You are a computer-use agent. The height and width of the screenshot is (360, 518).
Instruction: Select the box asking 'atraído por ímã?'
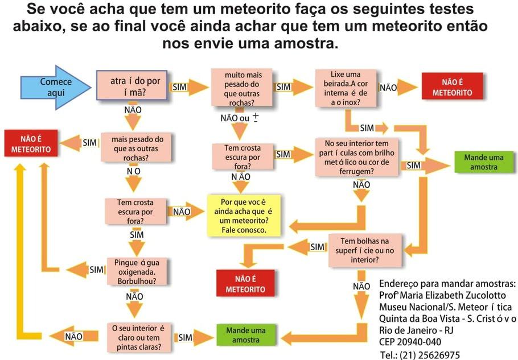click(x=132, y=85)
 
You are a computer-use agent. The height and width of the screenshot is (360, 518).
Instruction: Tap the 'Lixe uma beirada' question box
click(x=346, y=88)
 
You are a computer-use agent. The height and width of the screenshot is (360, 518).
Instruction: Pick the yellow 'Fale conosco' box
click(x=244, y=216)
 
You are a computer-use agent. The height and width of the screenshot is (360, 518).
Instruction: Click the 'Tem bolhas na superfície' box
click(x=365, y=250)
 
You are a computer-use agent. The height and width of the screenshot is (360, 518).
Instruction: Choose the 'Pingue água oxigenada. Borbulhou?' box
click(x=137, y=272)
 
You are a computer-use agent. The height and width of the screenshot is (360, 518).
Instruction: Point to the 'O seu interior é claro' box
click(x=139, y=338)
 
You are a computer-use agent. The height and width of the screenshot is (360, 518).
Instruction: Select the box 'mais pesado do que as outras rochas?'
click(x=136, y=147)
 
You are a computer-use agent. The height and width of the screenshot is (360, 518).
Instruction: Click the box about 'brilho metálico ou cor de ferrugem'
click(x=356, y=157)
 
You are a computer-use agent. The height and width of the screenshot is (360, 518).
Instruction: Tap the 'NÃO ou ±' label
click(x=240, y=118)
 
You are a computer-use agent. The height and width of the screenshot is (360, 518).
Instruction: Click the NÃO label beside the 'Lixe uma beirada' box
click(x=388, y=88)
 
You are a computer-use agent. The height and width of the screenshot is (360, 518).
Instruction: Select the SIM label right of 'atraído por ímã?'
click(x=180, y=87)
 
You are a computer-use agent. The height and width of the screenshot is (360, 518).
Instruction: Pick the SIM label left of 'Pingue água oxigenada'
click(x=96, y=270)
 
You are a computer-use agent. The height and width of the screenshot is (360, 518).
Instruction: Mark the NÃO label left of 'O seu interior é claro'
click(x=73, y=337)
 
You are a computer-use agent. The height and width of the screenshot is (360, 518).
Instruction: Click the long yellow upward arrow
click(x=21, y=251)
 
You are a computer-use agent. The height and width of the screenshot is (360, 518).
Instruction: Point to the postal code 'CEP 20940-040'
click(x=410, y=342)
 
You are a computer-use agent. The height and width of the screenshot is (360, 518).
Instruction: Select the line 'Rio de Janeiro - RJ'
click(x=416, y=330)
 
